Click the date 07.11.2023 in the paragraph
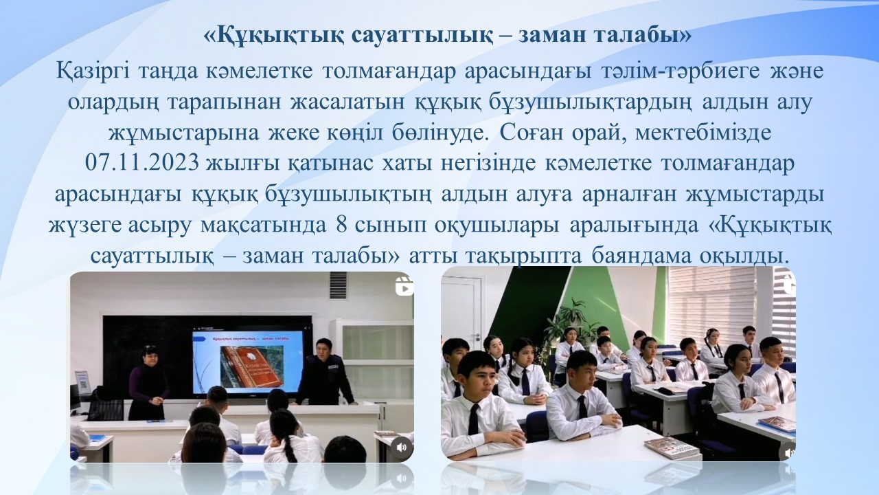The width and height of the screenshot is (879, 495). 142,164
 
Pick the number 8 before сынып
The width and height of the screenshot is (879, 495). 341,225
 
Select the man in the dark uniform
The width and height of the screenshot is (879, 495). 324,371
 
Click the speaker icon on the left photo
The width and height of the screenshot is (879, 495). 401,448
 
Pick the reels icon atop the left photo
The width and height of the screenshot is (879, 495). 404,286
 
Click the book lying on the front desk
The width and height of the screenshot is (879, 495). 672,447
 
